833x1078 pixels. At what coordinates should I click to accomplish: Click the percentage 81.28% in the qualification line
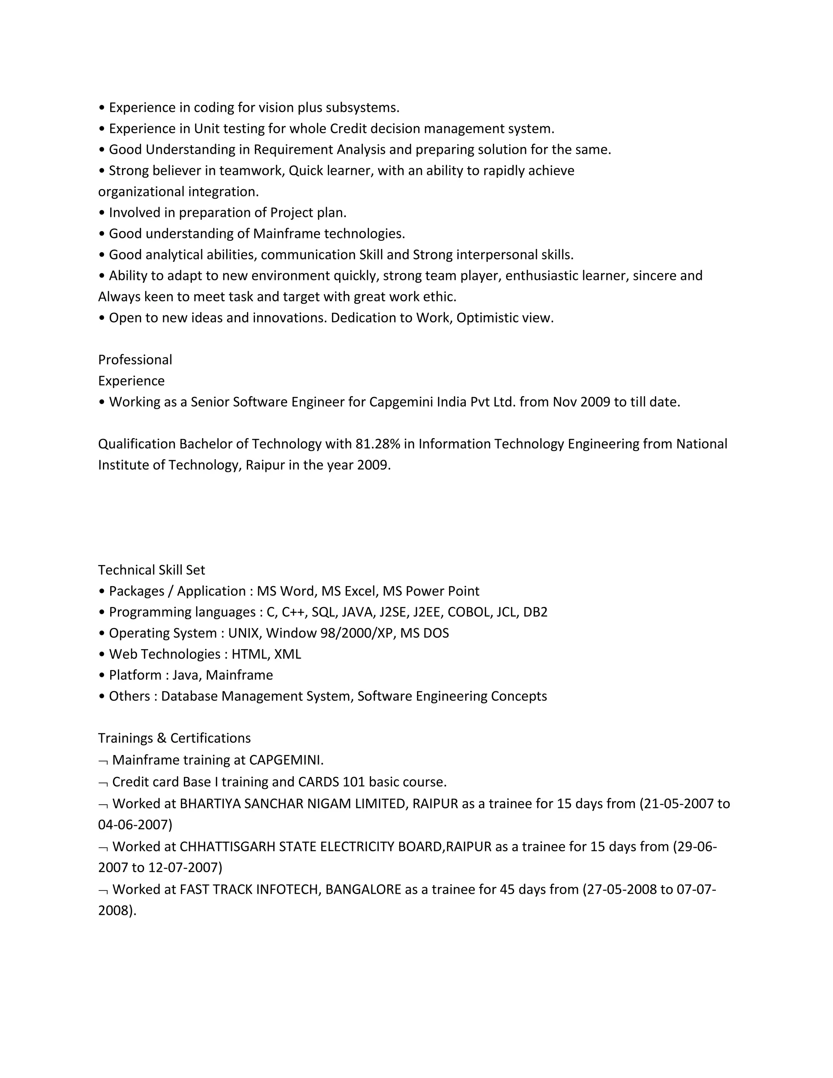tap(377, 444)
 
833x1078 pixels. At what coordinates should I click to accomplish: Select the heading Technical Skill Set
tap(151, 570)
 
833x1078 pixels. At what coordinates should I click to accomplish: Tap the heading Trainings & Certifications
tap(174, 738)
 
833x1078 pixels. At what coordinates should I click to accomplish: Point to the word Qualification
tap(137, 444)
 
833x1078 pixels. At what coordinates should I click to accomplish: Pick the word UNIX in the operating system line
tap(243, 633)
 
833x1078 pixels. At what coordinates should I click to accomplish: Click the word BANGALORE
tap(363, 889)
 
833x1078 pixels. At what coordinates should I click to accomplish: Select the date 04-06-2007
tap(135, 825)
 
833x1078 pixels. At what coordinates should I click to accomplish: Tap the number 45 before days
tap(507, 889)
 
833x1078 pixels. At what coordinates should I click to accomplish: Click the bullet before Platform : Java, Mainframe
tap(102, 676)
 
